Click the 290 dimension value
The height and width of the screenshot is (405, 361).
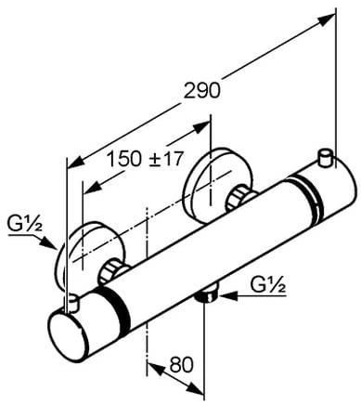[202, 91]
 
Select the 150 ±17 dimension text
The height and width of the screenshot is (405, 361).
[145, 158]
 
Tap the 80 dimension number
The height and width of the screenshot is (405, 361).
[181, 364]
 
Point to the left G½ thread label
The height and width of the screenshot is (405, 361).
[24, 225]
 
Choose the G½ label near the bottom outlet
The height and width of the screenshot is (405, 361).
[268, 285]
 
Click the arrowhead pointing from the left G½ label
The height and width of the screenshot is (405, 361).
[49, 242]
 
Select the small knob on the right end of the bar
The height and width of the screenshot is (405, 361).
[325, 158]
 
